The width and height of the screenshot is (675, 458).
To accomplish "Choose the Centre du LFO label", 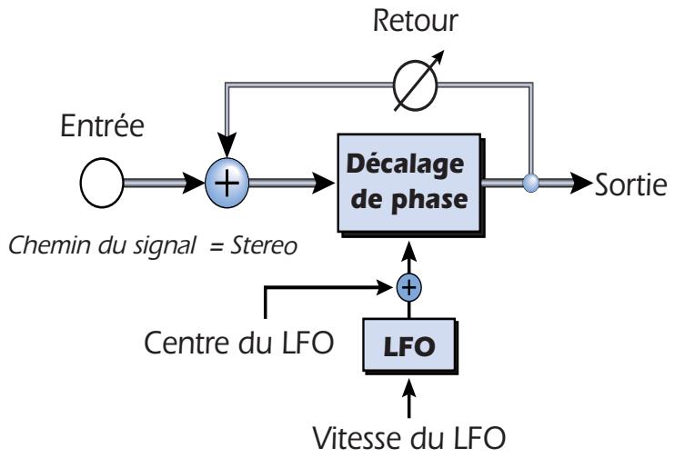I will coord(243,343).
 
